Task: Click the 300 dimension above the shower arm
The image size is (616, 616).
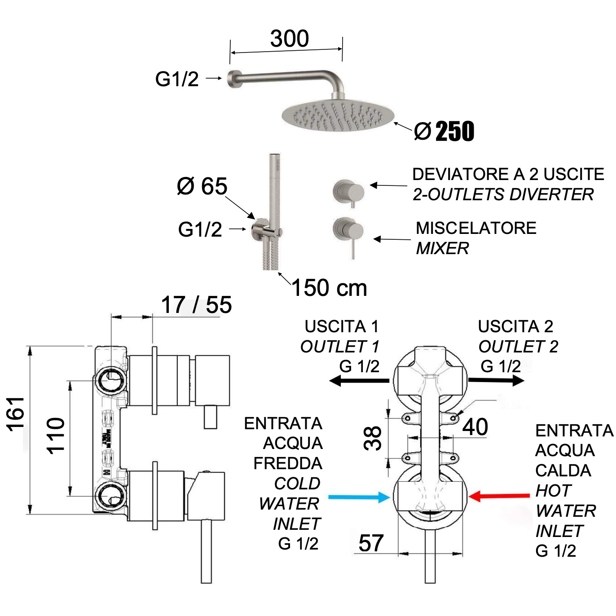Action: click(x=289, y=39)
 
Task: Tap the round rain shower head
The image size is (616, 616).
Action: click(x=338, y=115)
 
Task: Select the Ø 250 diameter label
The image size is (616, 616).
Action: click(x=444, y=132)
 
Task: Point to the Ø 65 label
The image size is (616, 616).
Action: click(x=202, y=186)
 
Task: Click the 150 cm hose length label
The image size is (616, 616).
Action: click(x=329, y=288)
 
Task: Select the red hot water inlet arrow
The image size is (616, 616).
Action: click(x=499, y=496)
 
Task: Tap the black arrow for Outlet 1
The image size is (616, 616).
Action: click(x=359, y=381)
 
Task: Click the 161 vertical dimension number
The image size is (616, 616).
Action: click(x=16, y=414)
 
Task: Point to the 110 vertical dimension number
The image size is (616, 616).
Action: click(x=56, y=436)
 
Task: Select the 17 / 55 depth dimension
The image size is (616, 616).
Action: click(x=196, y=305)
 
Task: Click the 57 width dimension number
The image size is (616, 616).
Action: click(x=371, y=543)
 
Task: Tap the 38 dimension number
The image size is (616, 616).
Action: click(x=373, y=439)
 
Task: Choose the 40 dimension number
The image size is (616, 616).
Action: click(x=475, y=427)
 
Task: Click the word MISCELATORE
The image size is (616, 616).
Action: click(x=476, y=228)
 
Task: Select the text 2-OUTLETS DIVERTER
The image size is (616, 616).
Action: click(x=503, y=194)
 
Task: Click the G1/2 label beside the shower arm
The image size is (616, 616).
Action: click(x=177, y=79)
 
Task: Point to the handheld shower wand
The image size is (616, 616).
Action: click(x=274, y=189)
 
